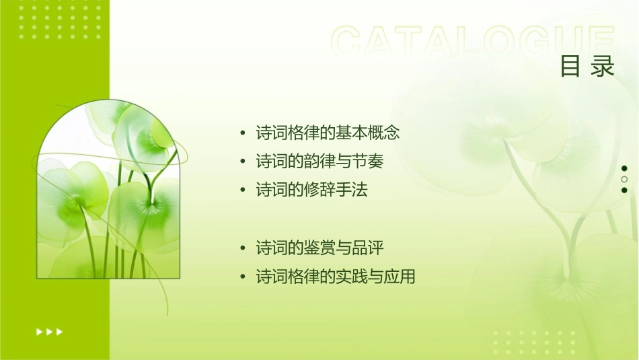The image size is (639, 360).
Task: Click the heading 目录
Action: [587, 66]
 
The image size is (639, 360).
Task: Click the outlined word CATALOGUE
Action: [473, 42]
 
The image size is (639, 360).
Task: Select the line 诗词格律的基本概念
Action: [328, 133]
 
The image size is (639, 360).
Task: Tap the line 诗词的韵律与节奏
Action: [319, 161]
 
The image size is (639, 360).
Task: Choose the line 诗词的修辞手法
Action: [311, 190]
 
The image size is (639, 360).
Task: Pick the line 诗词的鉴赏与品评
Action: [319, 248]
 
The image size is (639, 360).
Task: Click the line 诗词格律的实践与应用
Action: [336, 277]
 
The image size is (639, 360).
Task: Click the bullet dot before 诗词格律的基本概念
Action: [243, 133]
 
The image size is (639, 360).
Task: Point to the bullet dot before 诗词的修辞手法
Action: [243, 191]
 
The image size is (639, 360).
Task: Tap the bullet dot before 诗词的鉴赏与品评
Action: [243, 248]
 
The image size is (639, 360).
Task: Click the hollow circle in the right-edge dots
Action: [624, 180]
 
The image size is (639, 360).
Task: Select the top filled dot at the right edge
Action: [624, 168]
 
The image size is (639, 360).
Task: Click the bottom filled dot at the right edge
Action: [624, 190]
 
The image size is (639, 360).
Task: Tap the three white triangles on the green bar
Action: [49, 331]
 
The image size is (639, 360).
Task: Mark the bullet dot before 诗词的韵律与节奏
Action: [243, 162]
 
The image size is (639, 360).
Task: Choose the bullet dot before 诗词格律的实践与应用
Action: [243, 277]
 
